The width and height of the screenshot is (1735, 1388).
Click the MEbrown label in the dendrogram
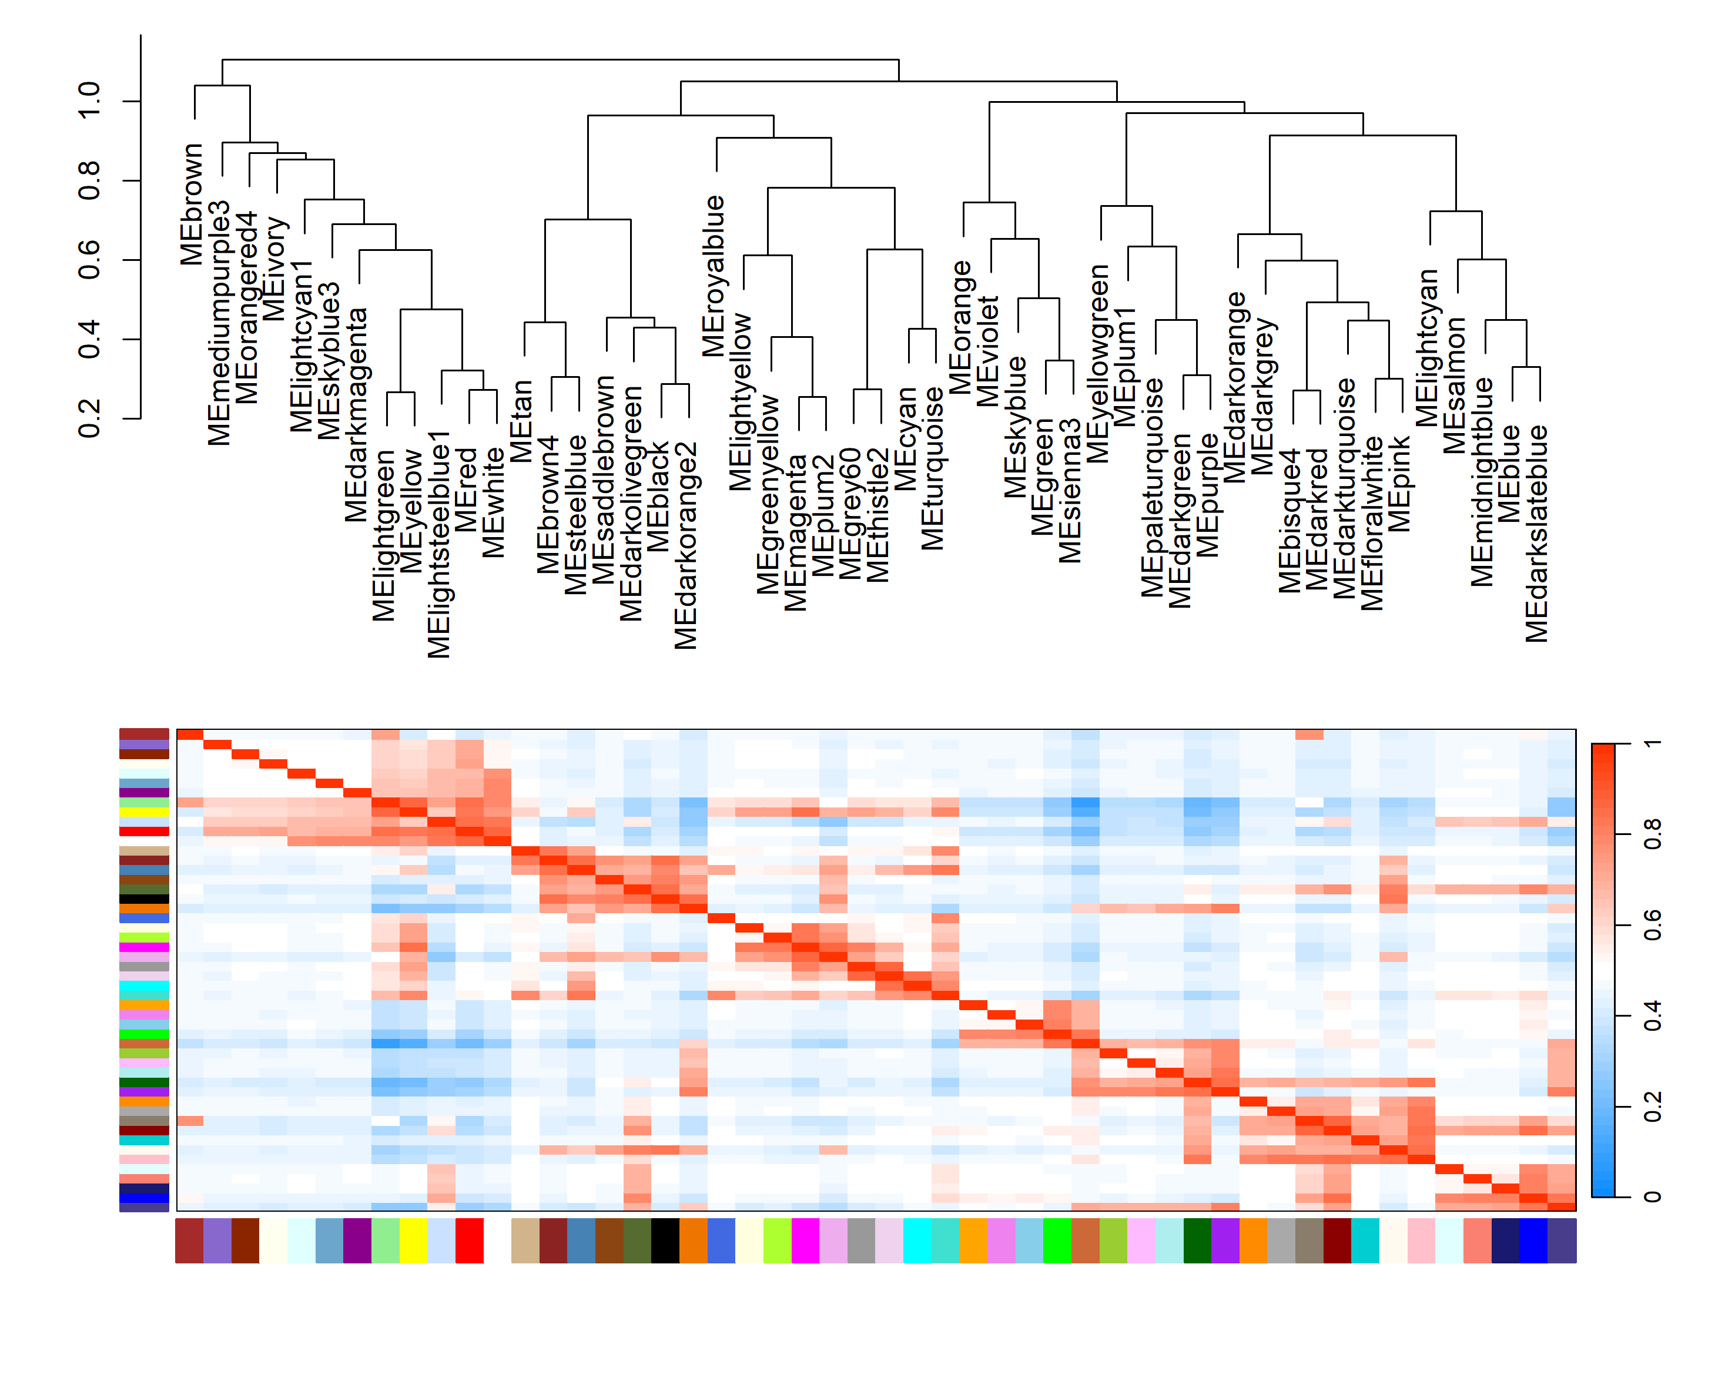pyautogui.click(x=192, y=204)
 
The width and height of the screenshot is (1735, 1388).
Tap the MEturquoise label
pyautogui.click(x=933, y=468)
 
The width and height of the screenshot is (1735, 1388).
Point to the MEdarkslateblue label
pyautogui.click(x=1537, y=534)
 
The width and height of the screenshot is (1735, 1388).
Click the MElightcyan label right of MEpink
pyautogui.click(x=1427, y=348)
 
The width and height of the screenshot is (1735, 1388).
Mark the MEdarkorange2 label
pyautogui.click(x=686, y=545)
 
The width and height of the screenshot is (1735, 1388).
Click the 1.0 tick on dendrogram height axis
pyautogui.click(x=89, y=100)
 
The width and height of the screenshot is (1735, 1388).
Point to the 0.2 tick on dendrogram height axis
pyautogui.click(x=89, y=418)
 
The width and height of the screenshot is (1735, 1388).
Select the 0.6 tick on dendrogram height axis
pyautogui.click(x=89, y=260)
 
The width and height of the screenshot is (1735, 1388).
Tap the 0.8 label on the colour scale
pyautogui.click(x=1652, y=834)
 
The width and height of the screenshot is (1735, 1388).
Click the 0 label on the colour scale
pyautogui.click(x=1652, y=1196)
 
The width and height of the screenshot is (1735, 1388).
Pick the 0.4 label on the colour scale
pyautogui.click(x=1652, y=1015)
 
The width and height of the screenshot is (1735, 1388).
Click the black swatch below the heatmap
pyautogui.click(x=665, y=1240)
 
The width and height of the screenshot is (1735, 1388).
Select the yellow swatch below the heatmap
pyautogui.click(x=414, y=1240)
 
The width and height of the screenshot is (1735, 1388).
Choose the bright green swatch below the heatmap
pyautogui.click(x=1057, y=1240)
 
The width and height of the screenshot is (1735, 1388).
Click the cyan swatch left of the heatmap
pyautogui.click(x=144, y=985)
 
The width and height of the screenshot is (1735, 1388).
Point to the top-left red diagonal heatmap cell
pyautogui.click(x=190, y=735)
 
